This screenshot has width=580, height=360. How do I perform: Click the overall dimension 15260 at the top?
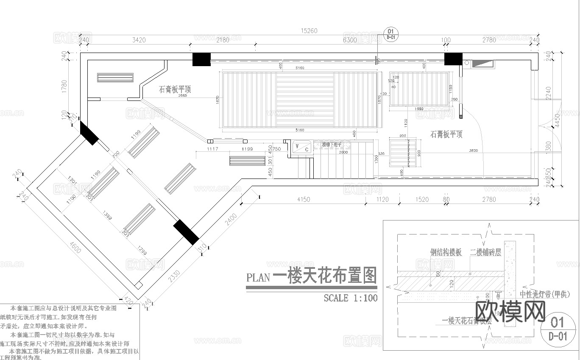309,31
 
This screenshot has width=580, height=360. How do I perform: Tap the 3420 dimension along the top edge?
139,40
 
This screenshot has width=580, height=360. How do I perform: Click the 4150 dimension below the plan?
303,199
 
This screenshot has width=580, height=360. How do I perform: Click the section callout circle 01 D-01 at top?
390,33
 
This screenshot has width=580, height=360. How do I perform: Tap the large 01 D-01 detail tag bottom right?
558,328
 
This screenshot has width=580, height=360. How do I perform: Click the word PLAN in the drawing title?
258,278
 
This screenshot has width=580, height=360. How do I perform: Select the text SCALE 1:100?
350,298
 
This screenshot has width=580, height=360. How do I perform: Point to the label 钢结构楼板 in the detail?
446,252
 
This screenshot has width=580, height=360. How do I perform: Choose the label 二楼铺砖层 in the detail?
485,252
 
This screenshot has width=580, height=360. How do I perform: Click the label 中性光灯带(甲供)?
549,294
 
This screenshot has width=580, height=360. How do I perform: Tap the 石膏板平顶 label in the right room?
446,134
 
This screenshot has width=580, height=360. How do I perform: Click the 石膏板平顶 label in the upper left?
175,89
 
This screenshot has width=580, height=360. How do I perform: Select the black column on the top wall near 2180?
201,59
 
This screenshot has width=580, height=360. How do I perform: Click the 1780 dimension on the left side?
64,87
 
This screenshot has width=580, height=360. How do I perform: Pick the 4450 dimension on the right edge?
557,120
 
